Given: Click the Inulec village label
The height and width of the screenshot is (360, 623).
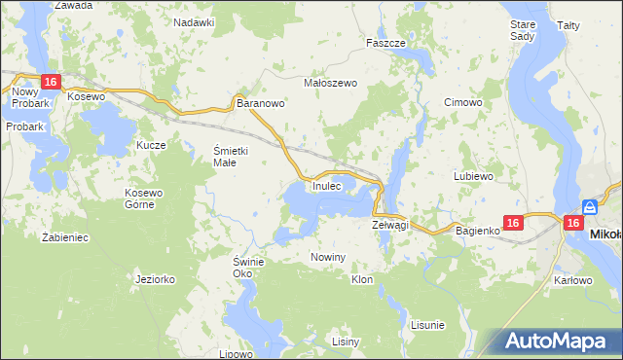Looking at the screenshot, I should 327,185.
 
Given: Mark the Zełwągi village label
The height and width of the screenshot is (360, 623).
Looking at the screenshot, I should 389,225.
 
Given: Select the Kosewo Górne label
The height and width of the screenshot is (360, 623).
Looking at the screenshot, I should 145,198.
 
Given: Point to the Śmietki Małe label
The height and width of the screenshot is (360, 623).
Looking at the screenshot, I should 233,156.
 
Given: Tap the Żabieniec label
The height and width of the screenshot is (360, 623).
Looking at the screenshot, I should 66,236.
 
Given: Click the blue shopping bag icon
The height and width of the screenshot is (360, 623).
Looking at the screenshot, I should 590,206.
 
